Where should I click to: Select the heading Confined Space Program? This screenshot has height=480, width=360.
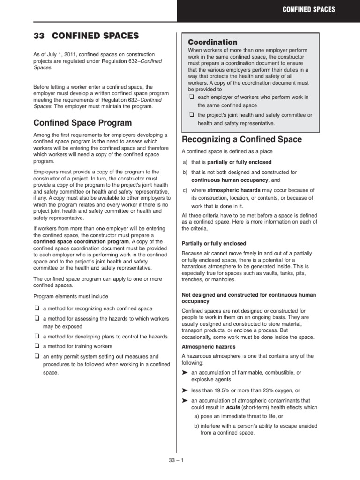(82, 123)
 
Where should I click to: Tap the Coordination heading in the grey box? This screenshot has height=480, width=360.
(212, 42)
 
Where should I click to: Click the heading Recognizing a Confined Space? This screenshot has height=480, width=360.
(241, 139)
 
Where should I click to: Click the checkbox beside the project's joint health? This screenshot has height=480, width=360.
(191, 115)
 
